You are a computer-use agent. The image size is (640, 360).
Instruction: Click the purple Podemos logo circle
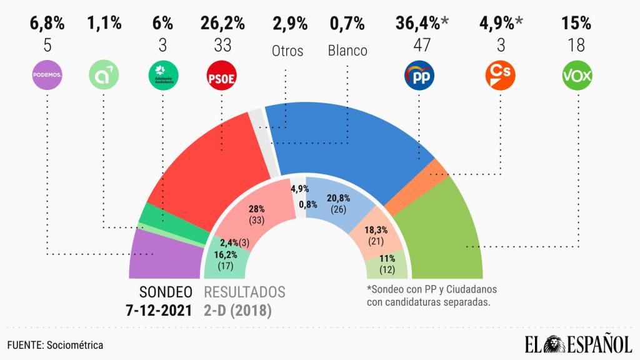47,76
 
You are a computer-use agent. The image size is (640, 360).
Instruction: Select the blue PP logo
419,76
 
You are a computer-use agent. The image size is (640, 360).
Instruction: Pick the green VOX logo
576,76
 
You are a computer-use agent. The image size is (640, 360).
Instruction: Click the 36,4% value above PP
417,24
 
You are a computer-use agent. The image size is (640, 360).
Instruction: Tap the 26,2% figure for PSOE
222,24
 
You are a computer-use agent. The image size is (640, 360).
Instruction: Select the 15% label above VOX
576,24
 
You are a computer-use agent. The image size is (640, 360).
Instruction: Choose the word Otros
287,51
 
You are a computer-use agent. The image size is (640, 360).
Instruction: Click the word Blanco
347,51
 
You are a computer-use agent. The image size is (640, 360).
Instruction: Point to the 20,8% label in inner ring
338,198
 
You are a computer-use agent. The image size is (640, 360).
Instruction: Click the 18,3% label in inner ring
375,231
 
